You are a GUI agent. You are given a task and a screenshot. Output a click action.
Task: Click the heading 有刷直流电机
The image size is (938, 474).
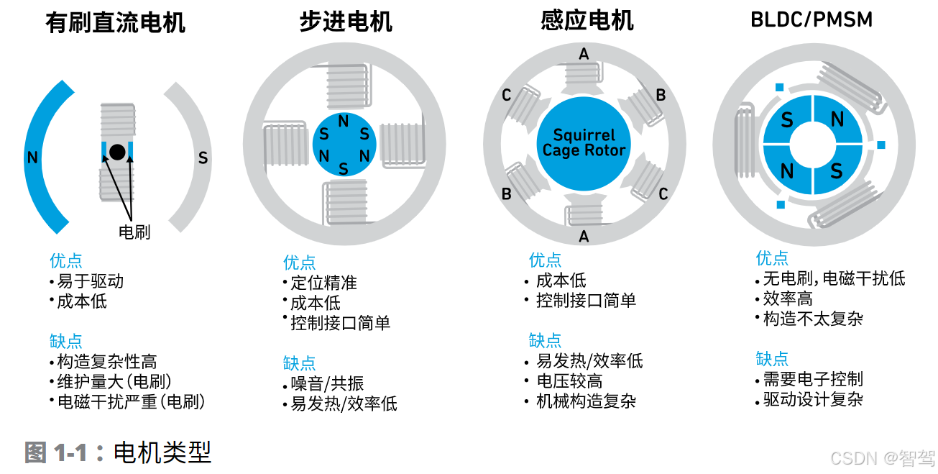pos(115,23)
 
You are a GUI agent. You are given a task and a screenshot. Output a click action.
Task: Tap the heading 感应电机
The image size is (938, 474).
pos(587,20)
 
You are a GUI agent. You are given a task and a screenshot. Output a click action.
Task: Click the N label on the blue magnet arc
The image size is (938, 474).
pos(32,158)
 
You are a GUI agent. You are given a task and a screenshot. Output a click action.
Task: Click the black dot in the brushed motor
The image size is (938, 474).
pos(117,151)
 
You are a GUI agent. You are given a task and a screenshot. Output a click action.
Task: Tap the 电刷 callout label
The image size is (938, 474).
pos(134,232)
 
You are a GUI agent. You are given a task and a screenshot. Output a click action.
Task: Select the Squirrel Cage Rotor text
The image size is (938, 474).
pos(584,142)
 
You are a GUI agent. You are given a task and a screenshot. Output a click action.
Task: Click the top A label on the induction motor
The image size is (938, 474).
pos(584,54)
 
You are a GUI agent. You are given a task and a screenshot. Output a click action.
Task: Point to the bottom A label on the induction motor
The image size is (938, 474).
pos(584,236)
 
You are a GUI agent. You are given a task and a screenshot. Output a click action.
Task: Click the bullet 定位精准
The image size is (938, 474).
pos(323,283)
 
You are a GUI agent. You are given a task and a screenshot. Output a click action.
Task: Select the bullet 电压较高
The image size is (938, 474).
pos(569,380)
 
